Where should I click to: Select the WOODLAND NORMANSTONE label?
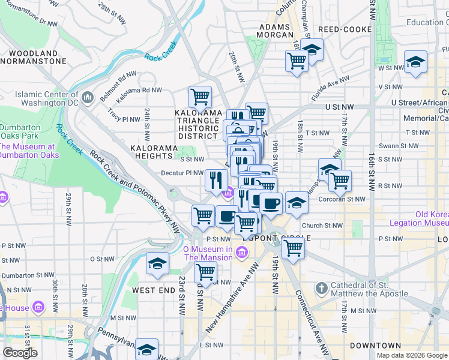pyautogui.click(x=33, y=57)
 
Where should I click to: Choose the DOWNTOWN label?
pyautogui.click(x=375, y=346)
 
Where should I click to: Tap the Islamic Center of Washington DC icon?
pyautogui.click(x=88, y=97)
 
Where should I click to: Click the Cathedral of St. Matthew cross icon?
pyautogui.click(x=321, y=289)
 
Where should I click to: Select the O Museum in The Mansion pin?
pyautogui.click(x=241, y=253)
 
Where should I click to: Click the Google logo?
pyautogui.click(x=20, y=353)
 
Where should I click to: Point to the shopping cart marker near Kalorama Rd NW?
pyautogui.click(x=200, y=96)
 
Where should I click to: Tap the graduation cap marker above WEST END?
pyautogui.click(x=157, y=264)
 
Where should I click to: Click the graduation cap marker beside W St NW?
pyautogui.click(x=415, y=62)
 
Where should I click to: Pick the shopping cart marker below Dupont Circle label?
pyautogui.click(x=293, y=247)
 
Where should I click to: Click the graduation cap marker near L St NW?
pyautogui.click(x=146, y=349)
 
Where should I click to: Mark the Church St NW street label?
pyautogui.click(x=322, y=226)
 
